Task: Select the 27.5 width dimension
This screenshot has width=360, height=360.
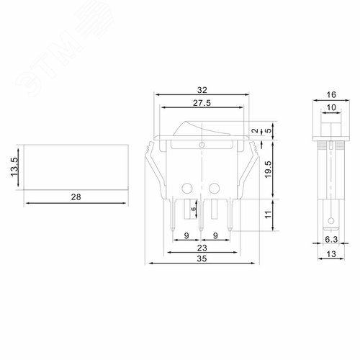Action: (201, 104)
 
